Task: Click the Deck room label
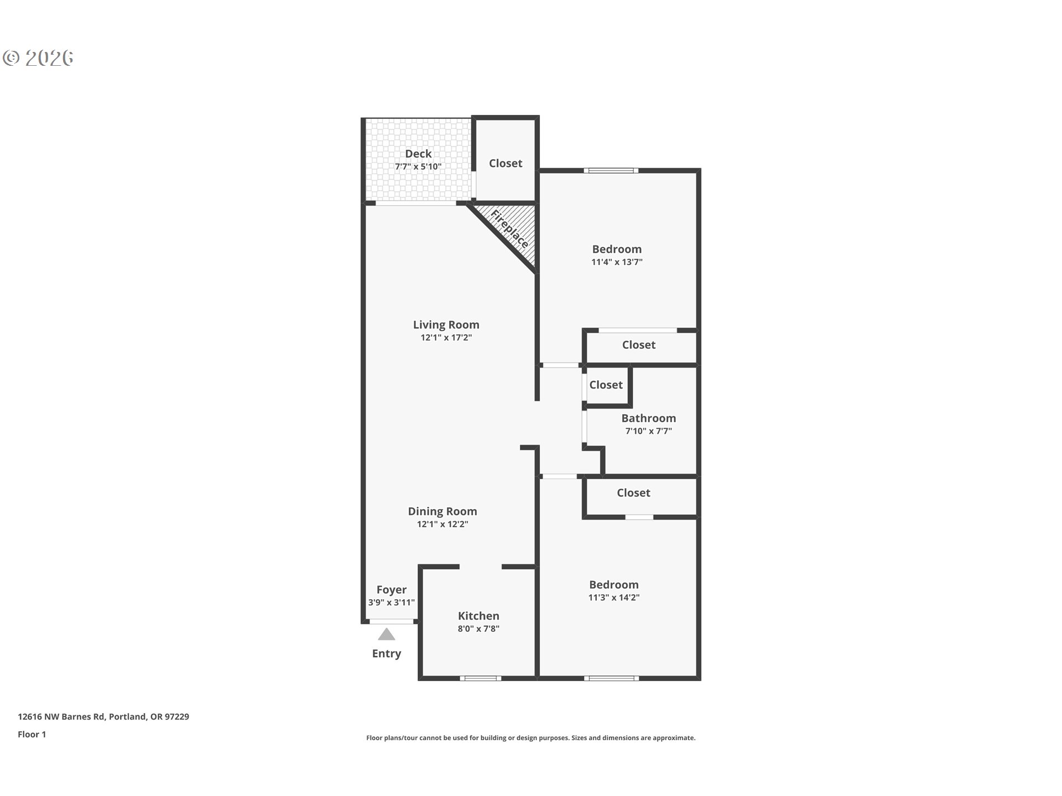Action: tap(418, 154)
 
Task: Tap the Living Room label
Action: tap(446, 324)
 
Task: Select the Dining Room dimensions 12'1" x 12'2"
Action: tap(442, 524)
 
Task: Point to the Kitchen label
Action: tap(478, 616)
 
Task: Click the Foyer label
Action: tap(392, 590)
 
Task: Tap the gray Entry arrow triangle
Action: tap(387, 634)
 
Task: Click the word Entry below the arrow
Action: tap(387, 653)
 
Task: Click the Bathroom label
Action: tap(648, 418)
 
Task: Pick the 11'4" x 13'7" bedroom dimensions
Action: tap(617, 262)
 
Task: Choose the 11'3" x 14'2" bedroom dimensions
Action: tap(614, 598)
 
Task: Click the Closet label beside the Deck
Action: tap(506, 163)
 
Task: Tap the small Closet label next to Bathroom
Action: tap(606, 385)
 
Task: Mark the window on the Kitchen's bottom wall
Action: tap(481, 678)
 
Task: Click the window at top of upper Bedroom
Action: tap(611, 170)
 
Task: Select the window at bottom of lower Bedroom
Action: tap(611, 678)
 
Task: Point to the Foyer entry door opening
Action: tap(392, 621)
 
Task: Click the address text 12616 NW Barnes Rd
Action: tap(61, 716)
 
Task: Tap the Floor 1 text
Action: tap(32, 734)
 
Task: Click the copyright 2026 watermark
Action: tap(38, 58)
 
